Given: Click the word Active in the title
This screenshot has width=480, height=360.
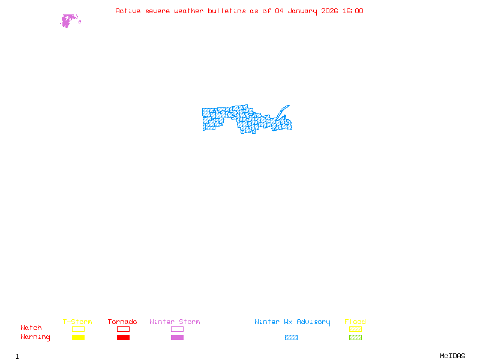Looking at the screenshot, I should [x=128, y=11].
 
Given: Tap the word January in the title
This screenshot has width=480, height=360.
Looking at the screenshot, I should [x=302, y=11].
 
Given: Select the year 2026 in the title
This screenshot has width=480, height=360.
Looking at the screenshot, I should [x=329, y=11].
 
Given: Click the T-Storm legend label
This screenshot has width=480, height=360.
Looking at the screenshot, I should [x=77, y=322].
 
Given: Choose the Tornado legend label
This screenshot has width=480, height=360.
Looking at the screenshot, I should [x=122, y=322].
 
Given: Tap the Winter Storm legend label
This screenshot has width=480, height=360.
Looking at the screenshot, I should [x=175, y=322].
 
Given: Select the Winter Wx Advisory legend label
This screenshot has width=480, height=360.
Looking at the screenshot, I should [x=292, y=322].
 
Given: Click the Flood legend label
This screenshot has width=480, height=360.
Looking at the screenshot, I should [x=355, y=322].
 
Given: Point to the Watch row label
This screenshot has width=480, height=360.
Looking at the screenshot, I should [x=31, y=328].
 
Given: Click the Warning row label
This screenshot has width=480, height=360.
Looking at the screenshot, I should [x=35, y=337].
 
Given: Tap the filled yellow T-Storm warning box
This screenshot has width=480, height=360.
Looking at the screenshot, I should [x=78, y=338].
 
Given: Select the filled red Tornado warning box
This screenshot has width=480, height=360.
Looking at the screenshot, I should [x=123, y=338].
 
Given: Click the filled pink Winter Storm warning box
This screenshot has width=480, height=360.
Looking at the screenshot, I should [x=177, y=338].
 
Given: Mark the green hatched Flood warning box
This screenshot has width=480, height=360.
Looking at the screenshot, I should [x=355, y=338].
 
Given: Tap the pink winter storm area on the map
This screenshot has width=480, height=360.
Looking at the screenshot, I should [x=67, y=21].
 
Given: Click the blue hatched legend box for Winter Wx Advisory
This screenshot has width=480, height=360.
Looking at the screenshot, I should [x=291, y=338].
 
